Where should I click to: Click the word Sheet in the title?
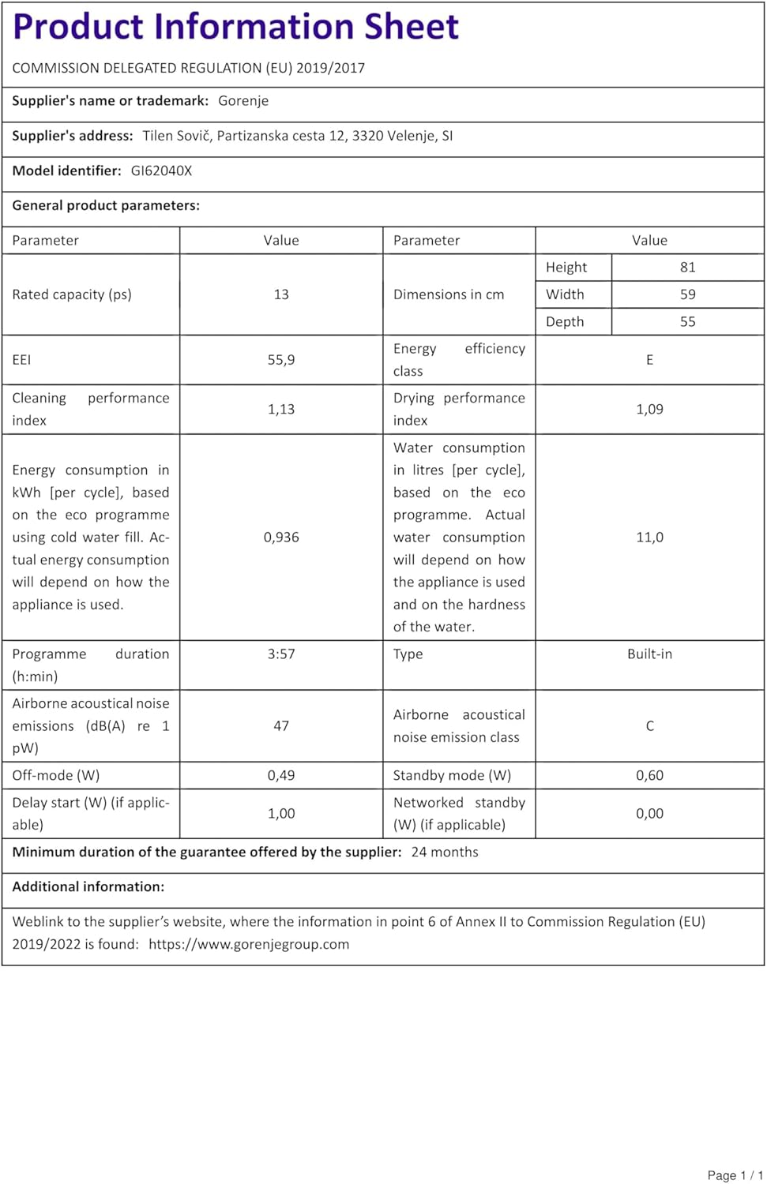click(411, 27)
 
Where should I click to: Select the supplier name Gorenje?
click(243, 101)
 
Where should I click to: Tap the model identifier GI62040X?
click(161, 170)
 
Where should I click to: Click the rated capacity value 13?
click(281, 294)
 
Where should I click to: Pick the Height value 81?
click(687, 268)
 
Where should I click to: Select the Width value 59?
click(687, 294)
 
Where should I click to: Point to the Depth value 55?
click(687, 322)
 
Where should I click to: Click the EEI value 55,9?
click(281, 360)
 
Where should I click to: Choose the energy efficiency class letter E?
click(649, 360)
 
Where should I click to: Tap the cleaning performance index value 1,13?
click(281, 410)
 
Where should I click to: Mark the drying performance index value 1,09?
click(649, 410)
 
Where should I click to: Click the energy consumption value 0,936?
click(281, 538)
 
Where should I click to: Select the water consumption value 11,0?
click(649, 538)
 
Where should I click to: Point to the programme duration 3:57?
click(281, 654)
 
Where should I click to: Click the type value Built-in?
click(649, 654)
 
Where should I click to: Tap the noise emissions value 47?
click(281, 726)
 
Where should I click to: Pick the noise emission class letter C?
click(649, 726)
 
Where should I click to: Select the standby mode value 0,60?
click(649, 776)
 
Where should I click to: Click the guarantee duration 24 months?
click(445, 852)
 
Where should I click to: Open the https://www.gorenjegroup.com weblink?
click(249, 945)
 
